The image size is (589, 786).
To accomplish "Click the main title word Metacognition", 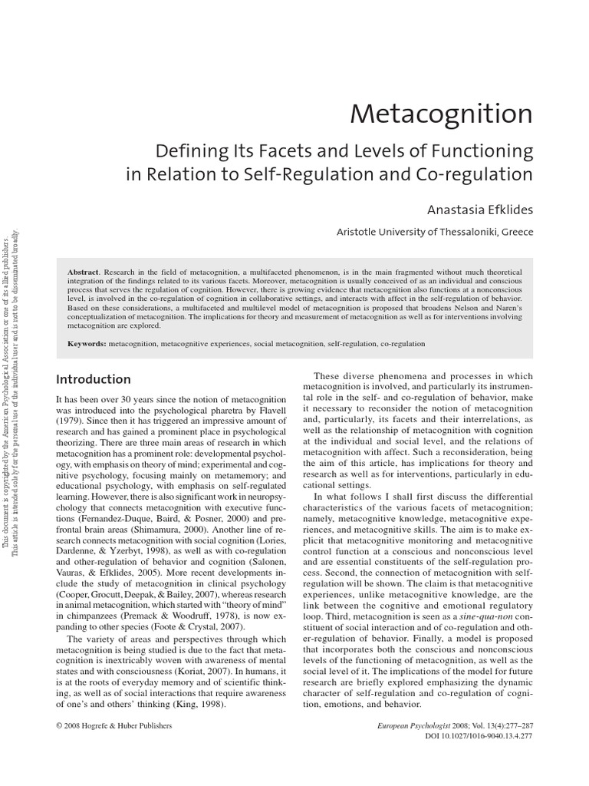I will pos(441,114).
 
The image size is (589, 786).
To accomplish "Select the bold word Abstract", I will pos(84,272).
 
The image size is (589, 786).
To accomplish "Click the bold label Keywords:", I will pos(87,345).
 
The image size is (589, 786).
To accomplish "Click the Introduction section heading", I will pos(94,379).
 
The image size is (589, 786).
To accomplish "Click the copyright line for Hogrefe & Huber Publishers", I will pos(117,726).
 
